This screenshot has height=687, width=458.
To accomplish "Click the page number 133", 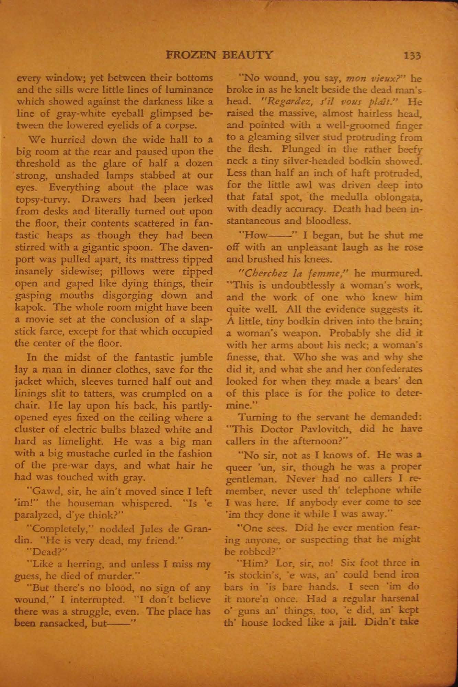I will coord(412,56).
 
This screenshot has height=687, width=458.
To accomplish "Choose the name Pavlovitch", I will coord(331,430).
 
